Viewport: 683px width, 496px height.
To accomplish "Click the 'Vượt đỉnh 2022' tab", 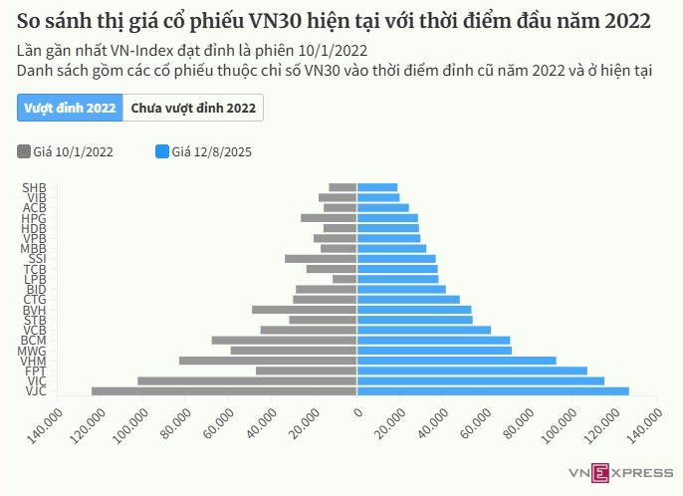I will click(70, 108).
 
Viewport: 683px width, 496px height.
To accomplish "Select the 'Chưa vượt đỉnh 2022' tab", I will click(193, 108).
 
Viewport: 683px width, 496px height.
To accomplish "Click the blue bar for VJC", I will click(493, 391).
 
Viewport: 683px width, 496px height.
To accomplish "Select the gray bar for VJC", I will click(224, 391).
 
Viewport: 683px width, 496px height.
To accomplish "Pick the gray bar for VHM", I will click(268, 361).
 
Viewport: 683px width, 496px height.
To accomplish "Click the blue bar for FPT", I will click(472, 371).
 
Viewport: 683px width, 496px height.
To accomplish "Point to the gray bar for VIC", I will click(247, 381).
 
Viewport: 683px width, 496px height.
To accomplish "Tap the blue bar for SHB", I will click(377, 187).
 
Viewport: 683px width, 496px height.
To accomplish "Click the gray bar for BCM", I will click(284, 340).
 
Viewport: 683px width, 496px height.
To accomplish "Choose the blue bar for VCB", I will click(424, 330).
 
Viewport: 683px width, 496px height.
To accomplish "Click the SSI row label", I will click(37, 259).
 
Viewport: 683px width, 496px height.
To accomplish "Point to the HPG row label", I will click(34, 218).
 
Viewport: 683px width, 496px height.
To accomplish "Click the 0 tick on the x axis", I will click(357, 410).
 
